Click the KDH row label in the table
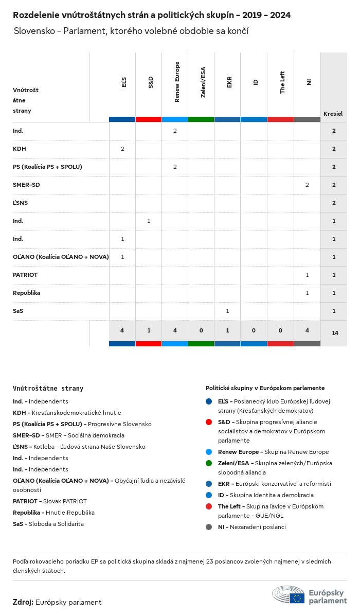coord(20,149)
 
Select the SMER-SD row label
coord(26,185)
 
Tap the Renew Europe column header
coord(176,82)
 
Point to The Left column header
coord(282,82)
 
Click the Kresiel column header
coord(333,114)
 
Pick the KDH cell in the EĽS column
coord(122,149)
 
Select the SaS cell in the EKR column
coord(227,311)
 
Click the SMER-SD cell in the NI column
coord(307,185)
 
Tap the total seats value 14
coord(335,333)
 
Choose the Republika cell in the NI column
coord(307,293)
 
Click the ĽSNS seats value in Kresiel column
coord(334,203)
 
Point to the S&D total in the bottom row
coord(149,330)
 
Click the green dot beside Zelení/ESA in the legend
coord(209,463)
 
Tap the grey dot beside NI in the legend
coord(209,527)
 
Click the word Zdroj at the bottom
coord(23,602)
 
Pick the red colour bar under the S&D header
coord(149,119)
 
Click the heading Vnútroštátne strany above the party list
coord(48,389)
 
